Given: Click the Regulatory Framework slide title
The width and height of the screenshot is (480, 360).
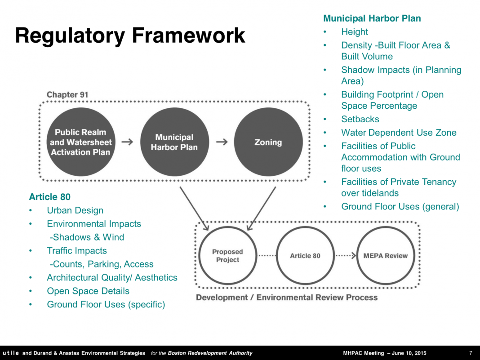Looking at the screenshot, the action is (130, 36).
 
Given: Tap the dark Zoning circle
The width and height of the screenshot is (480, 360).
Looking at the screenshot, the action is (268, 142).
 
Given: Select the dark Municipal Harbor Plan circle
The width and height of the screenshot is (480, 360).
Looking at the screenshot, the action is (174, 142).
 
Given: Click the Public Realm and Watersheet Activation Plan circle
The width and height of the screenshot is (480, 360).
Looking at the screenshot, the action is (81, 142).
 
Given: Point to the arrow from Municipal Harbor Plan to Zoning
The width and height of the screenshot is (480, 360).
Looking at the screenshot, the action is (222, 142).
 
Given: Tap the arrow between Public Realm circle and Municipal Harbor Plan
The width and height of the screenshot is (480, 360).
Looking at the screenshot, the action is (127, 142).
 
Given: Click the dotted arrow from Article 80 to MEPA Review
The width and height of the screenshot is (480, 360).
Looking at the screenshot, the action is (346, 256).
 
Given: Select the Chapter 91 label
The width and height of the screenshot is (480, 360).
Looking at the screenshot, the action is (67, 94).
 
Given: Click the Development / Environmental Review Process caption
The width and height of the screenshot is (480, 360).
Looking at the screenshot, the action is (287, 298).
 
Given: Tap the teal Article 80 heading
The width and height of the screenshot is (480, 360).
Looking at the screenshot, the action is (49, 197).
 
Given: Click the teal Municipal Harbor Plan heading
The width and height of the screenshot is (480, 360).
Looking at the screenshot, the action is (372, 18).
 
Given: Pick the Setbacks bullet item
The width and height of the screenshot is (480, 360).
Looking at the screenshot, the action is (360, 119).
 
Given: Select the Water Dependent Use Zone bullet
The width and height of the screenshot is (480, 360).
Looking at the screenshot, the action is (399, 133).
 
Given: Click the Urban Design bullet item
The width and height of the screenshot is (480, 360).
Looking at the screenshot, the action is (75, 210).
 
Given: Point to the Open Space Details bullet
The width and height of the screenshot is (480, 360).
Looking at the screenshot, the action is (88, 291).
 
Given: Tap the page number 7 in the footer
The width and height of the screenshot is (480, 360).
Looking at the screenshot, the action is (471, 353).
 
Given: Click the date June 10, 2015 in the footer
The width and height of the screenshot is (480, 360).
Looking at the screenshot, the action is (409, 353).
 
